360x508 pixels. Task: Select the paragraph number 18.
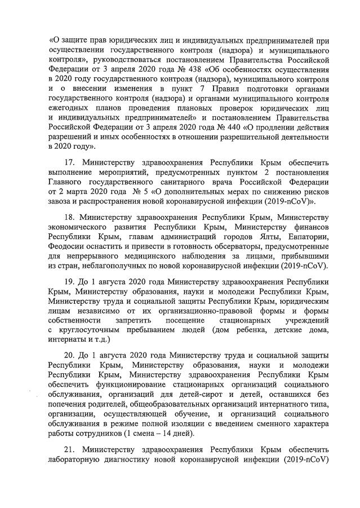(69, 217)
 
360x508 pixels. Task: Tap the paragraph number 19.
(69, 281)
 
